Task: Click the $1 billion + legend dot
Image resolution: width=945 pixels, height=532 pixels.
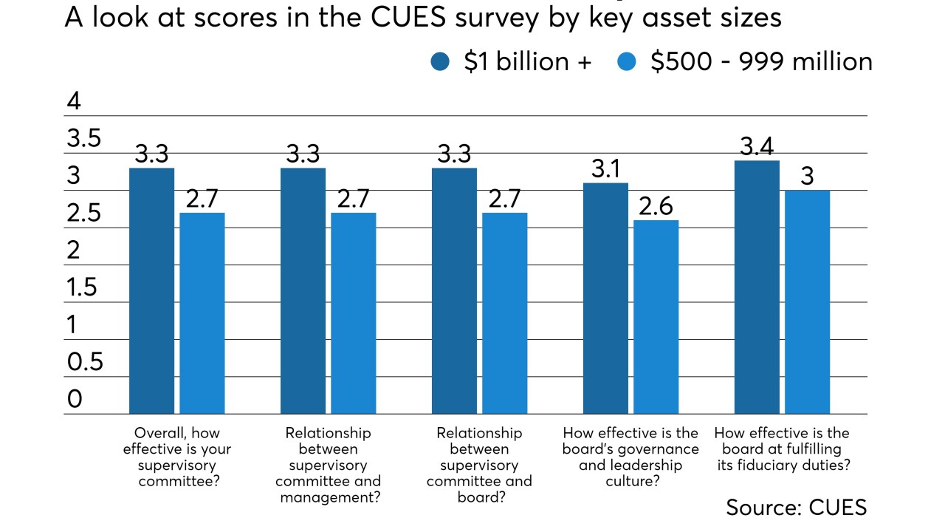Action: [x=440, y=63]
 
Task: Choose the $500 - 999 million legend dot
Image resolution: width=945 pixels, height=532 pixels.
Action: [x=626, y=63]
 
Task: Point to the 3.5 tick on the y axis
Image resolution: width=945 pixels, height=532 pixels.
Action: [x=83, y=139]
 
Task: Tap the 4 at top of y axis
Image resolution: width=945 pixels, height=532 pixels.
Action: [x=73, y=101]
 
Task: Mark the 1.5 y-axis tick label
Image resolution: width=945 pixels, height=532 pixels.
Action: [x=81, y=287]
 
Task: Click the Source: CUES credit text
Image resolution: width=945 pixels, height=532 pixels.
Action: [x=796, y=507]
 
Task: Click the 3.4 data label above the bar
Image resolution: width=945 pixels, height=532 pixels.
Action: [x=757, y=147]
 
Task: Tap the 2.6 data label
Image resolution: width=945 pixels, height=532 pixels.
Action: [x=656, y=207]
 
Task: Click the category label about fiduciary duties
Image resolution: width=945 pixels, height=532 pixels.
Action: [x=782, y=449]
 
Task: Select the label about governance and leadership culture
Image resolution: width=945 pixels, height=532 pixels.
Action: [x=630, y=457]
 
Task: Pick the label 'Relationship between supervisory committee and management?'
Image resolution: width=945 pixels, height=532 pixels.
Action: [x=329, y=465]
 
